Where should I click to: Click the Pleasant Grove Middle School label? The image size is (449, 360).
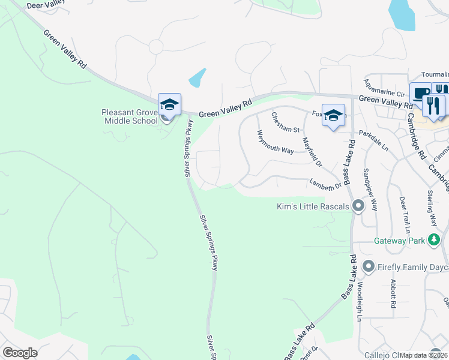click(x=130, y=116)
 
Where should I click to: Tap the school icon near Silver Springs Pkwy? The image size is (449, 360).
click(x=169, y=104)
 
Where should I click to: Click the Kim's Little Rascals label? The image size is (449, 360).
click(x=313, y=207)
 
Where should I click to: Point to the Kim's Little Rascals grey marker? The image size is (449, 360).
click(x=358, y=206)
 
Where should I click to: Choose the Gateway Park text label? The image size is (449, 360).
click(x=399, y=241)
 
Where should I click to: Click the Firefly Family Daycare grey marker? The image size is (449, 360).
click(x=368, y=266)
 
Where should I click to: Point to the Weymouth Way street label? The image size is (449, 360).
click(x=276, y=142)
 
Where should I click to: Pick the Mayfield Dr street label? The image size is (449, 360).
click(x=312, y=152)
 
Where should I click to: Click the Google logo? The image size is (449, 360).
click(x=20, y=353)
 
